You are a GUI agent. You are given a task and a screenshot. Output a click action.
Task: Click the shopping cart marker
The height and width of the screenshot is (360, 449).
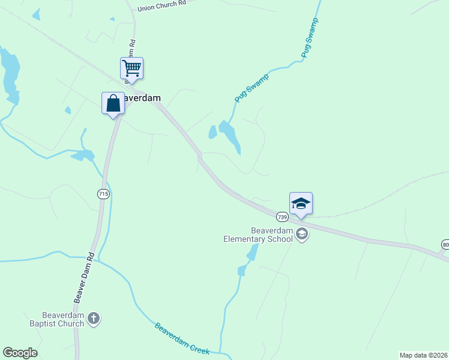(131, 68)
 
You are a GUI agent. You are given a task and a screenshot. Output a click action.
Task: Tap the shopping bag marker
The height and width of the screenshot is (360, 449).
(113, 103)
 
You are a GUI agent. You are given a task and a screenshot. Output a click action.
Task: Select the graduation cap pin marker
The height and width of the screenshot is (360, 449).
(301, 203)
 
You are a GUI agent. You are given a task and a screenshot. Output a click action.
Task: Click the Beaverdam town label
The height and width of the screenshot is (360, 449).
(142, 98)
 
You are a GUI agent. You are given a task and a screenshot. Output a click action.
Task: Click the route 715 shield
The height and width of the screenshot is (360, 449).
(103, 194)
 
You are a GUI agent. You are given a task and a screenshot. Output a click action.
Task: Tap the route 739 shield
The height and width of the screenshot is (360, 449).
(282, 216)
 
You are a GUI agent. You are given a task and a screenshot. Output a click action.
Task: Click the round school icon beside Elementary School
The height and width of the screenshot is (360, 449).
(302, 234)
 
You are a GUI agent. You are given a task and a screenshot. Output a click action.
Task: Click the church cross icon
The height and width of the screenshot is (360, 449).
(94, 319)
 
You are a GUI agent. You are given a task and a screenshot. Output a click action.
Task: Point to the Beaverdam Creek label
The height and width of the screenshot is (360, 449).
(182, 339)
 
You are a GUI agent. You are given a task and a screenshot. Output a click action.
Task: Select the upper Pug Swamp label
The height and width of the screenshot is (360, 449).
(310, 37)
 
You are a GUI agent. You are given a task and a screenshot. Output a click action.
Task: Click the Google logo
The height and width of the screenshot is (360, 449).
(20, 353)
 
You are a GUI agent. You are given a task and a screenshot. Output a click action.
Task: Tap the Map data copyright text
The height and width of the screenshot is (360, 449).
(424, 355)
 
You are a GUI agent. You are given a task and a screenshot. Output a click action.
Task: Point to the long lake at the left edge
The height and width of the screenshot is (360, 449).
(10, 75)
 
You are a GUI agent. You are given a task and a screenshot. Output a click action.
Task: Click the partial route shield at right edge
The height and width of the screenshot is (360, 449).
(445, 245)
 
